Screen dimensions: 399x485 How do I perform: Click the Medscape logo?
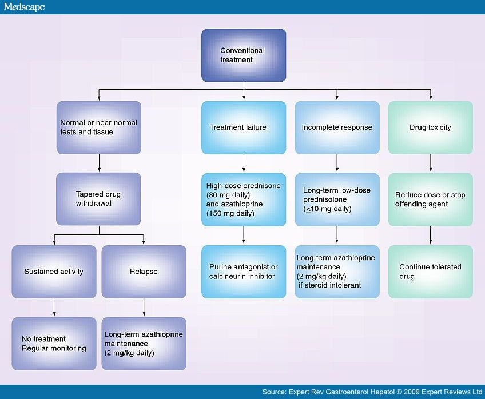[23, 7]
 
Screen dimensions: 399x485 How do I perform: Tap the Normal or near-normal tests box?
[99, 127]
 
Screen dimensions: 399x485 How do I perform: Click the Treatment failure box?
[244, 127]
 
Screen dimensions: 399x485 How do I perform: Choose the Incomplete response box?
[337, 127]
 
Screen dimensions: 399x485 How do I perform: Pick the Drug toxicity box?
[430, 127]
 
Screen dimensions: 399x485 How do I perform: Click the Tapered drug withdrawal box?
[99, 199]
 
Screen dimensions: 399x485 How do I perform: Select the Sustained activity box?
[54, 272]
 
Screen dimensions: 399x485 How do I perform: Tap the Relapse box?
[144, 272]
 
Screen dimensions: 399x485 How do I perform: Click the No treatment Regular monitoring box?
[54, 344]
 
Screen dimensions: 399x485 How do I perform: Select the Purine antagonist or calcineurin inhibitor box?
[244, 272]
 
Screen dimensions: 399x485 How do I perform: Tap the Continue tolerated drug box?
[430, 272]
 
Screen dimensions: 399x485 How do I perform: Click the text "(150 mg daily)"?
[230, 213]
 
